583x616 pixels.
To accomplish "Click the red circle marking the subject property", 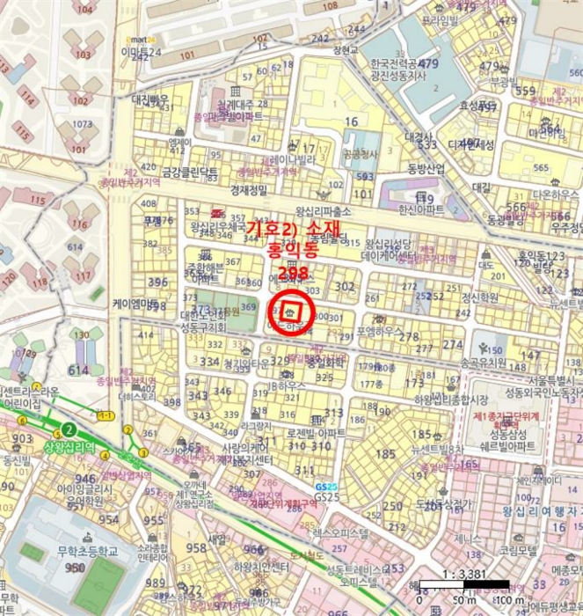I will pos(291,308).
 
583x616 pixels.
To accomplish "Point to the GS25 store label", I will pos(327,497).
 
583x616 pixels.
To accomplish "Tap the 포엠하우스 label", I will pos(380,332).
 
